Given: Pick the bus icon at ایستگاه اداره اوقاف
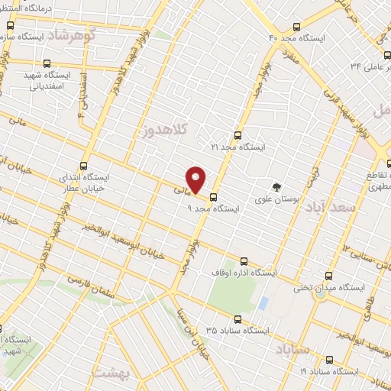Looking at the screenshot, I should click(x=244, y=261).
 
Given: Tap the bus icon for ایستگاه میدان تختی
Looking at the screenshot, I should click(x=329, y=275).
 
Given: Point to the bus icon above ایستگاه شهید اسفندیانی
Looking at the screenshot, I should click(x=48, y=65).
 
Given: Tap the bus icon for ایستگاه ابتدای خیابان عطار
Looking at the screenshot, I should click(x=83, y=165).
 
